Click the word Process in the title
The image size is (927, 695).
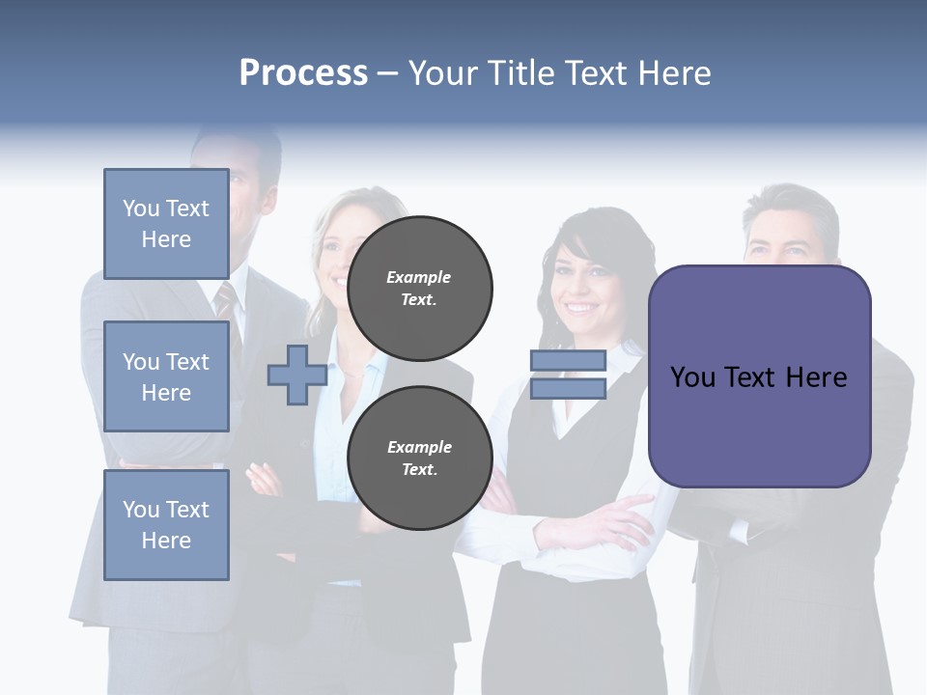pos(303,73)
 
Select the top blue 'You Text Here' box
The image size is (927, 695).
pos(166,224)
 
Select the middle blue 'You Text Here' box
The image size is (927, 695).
pos(166,376)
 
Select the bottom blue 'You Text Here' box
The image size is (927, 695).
pos(166,525)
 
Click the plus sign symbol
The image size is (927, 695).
pos(296,375)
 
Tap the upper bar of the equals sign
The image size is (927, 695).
pos(568,361)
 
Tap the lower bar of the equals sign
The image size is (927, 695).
pos(568,388)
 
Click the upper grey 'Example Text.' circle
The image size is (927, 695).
pos(419,289)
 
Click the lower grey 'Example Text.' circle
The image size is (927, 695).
pos(419,459)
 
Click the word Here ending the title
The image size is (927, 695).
pos(672,73)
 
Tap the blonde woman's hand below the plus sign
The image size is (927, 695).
pos(263,477)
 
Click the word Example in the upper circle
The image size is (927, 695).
pos(419,277)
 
